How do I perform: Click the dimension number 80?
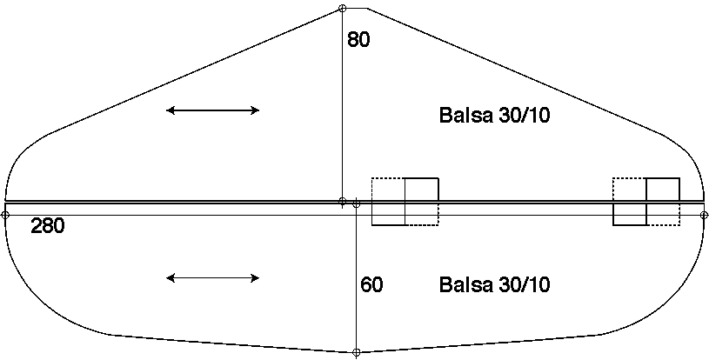[x=358, y=39]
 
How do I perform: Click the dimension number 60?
[x=371, y=284]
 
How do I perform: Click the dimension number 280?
[x=48, y=225]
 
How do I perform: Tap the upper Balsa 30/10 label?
[x=495, y=115]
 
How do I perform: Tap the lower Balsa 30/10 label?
[x=495, y=284]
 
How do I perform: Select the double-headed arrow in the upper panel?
[x=212, y=110]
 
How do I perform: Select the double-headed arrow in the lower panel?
[x=212, y=278]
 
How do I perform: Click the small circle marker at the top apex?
[x=342, y=8]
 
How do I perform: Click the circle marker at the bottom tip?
[x=357, y=352]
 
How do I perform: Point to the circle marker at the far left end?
[x=5, y=215]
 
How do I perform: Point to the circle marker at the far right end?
[x=704, y=215]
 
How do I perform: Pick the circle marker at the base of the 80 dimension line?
[x=342, y=201]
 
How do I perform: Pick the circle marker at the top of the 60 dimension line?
[x=357, y=204]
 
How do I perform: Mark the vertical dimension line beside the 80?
[x=342, y=104]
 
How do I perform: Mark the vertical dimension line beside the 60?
[x=357, y=277]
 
